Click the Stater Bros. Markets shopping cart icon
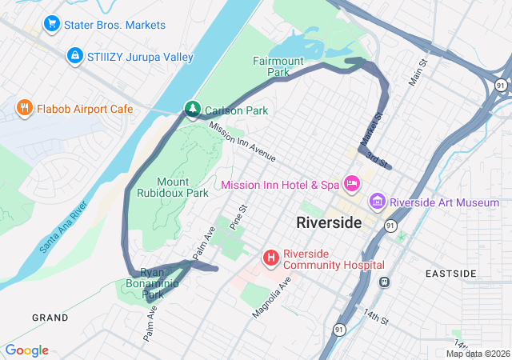[x=53, y=25]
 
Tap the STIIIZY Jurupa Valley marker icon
[x=74, y=56]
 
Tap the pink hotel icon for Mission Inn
[x=351, y=184]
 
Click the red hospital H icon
[x=271, y=258]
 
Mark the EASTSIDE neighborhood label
[x=450, y=274]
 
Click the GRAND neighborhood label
[x=50, y=318]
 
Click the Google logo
[x=26, y=350]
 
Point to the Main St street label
[x=418, y=70]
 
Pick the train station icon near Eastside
[x=385, y=282]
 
